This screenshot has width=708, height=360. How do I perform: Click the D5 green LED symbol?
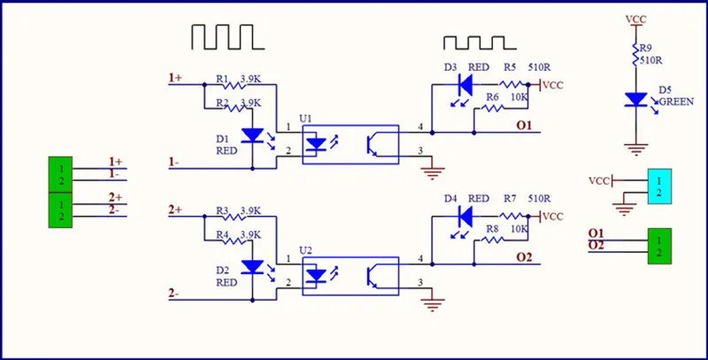[x=635, y=100]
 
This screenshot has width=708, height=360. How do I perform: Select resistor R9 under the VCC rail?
[x=635, y=54]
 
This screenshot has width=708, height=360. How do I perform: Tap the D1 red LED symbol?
[x=252, y=135]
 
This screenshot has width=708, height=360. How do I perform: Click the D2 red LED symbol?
[x=252, y=267]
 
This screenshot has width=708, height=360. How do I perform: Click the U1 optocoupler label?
[x=305, y=119]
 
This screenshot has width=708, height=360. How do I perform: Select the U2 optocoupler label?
[x=305, y=250]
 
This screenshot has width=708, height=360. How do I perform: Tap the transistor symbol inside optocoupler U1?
[x=372, y=145]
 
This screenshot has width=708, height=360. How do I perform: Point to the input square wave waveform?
[x=228, y=37]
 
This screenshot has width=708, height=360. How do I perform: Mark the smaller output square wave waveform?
[x=480, y=42]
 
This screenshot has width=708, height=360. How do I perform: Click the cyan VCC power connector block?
[x=659, y=187]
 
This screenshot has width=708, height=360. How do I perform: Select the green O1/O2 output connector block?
[x=659, y=246]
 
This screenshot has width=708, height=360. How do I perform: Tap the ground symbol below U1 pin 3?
[x=433, y=172]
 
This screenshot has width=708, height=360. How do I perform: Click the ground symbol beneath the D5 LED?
[x=635, y=149]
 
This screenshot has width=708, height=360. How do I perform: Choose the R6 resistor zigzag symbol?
[x=493, y=108]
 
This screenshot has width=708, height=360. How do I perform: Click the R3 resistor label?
[x=222, y=211]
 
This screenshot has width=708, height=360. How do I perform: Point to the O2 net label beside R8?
[x=524, y=257]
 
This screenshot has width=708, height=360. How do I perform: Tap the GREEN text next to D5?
[x=676, y=102]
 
